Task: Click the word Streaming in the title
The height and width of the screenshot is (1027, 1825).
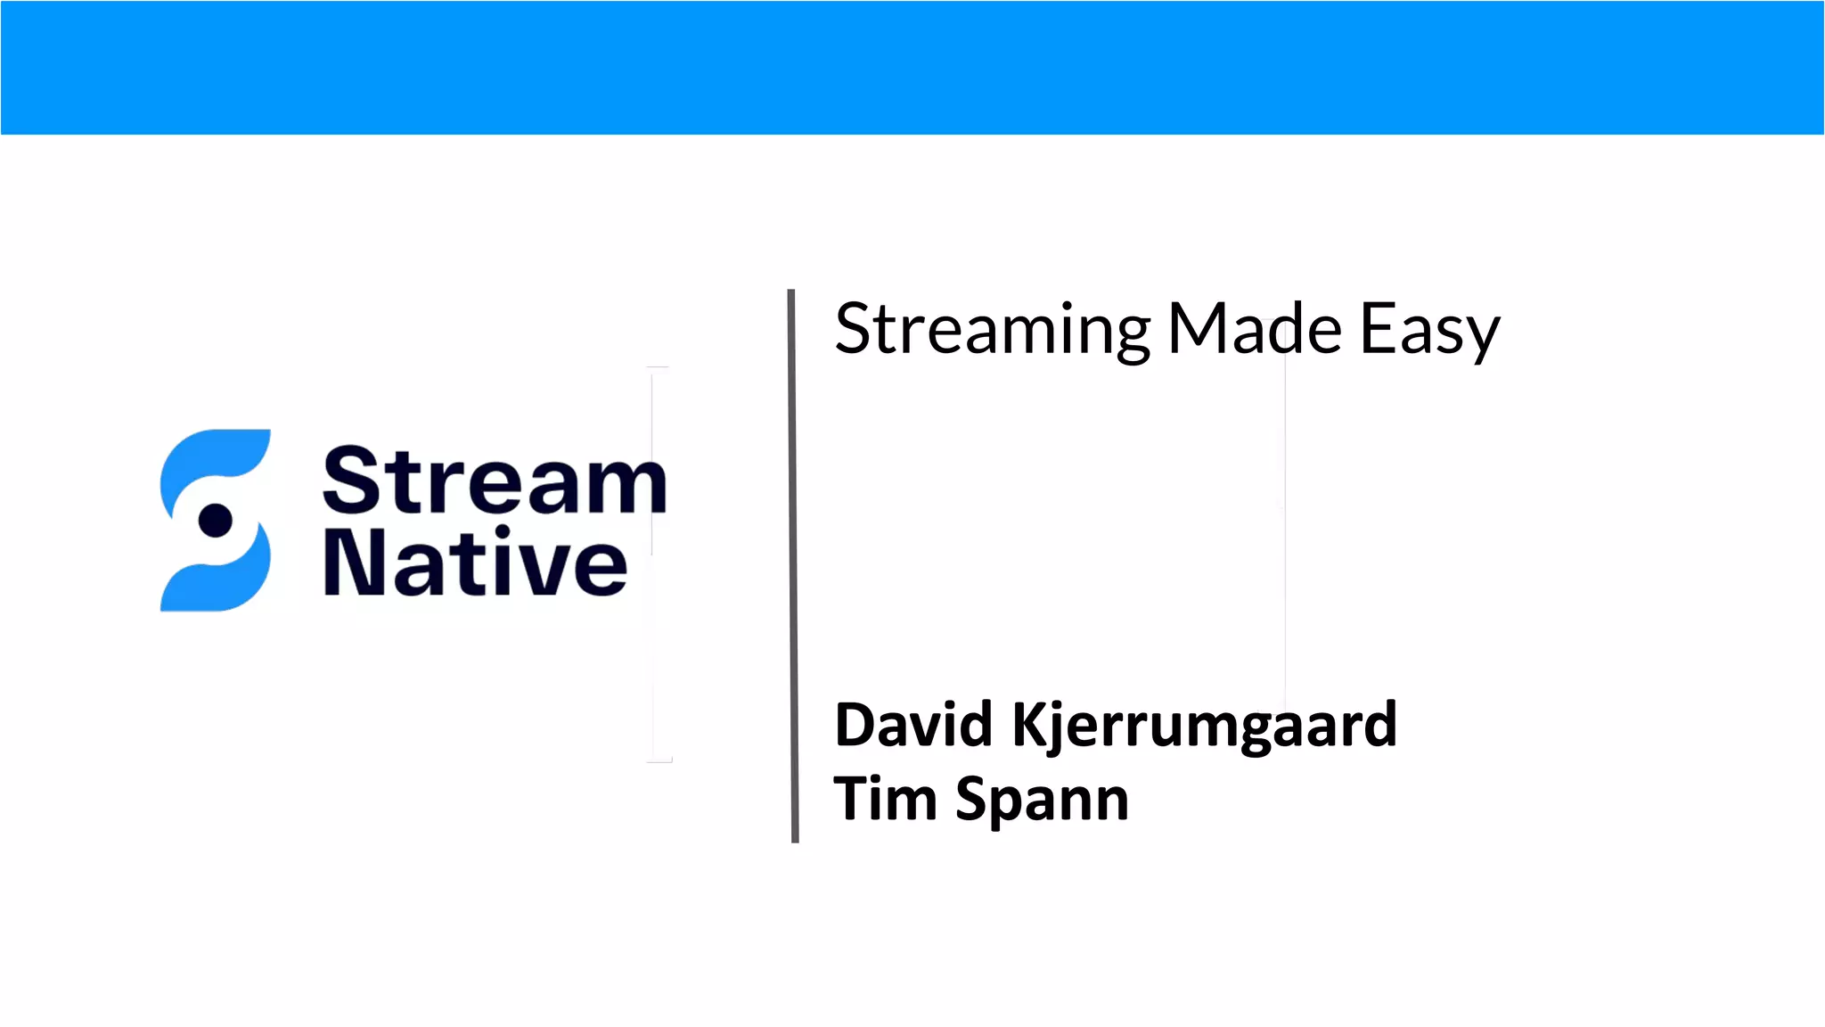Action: pyautogui.click(x=993, y=330)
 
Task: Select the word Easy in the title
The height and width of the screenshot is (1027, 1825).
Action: pyautogui.click(x=1429, y=330)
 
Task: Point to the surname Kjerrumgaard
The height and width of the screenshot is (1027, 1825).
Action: pyautogui.click(x=1204, y=726)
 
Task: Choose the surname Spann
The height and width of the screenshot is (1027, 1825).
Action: pyautogui.click(x=1042, y=800)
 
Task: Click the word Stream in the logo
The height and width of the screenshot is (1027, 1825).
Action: pyautogui.click(x=495, y=481)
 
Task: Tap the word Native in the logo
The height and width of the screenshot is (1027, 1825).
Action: pyautogui.click(x=475, y=563)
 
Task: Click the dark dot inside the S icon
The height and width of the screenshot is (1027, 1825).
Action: pyautogui.click(x=215, y=520)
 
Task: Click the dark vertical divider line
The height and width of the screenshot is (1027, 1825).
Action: pyautogui.click(x=793, y=565)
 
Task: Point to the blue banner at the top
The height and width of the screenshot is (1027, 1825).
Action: pyautogui.click(x=912, y=68)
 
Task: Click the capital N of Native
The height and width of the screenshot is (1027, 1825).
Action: pyautogui.click(x=350, y=563)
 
